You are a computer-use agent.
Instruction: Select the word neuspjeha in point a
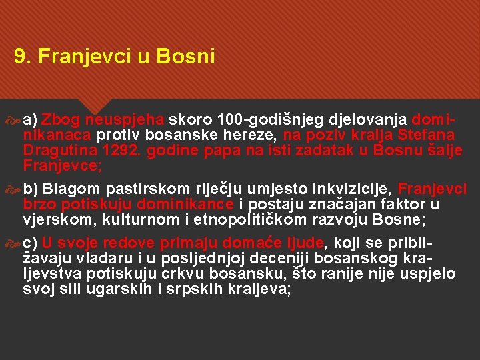pyautogui.click(x=133, y=120)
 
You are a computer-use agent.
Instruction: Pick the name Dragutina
pyautogui.click(x=58, y=151)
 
